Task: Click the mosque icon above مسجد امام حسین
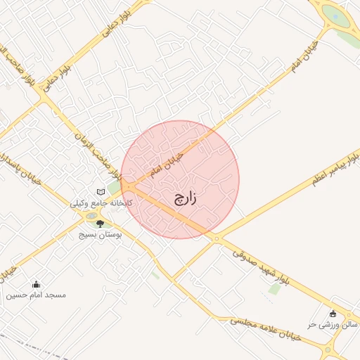(37, 285)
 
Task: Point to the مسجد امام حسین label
(36, 295)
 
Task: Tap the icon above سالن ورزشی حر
(333, 314)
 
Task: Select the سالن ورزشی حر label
(333, 324)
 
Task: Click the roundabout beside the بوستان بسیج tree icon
(91, 216)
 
